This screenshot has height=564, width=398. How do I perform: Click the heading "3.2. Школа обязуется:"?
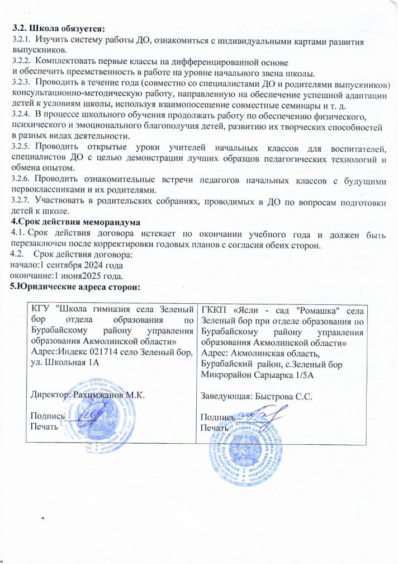(58, 26)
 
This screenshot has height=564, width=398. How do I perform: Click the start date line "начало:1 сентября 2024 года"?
(67, 266)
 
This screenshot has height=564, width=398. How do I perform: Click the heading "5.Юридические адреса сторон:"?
(75, 286)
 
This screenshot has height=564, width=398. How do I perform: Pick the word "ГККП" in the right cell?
(213, 309)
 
